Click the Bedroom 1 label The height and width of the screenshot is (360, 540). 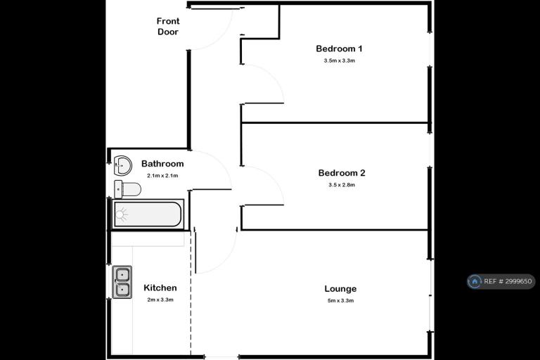click(x=339, y=49)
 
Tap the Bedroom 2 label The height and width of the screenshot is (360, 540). click(x=341, y=173)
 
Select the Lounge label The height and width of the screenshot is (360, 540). click(x=340, y=289)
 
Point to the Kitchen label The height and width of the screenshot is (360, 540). click(x=160, y=288)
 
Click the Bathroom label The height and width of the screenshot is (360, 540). click(x=162, y=164)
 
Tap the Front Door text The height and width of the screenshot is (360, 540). click(x=168, y=27)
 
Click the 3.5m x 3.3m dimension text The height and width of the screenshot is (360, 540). click(x=339, y=60)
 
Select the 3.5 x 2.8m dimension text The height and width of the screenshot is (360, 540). click(x=342, y=185)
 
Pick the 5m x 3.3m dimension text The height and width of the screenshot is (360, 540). click(x=340, y=301)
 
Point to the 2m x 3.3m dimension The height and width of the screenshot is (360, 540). click(x=160, y=300)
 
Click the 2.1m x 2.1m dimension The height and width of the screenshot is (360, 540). click(x=162, y=176)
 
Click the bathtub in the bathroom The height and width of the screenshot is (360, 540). click(x=148, y=214)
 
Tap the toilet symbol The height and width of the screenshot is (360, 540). click(x=127, y=189)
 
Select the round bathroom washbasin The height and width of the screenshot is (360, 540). click(x=122, y=165)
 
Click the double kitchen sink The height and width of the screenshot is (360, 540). click(x=122, y=282)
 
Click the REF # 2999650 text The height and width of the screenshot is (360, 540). click(x=508, y=281)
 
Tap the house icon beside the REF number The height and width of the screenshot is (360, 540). click(x=475, y=281)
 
